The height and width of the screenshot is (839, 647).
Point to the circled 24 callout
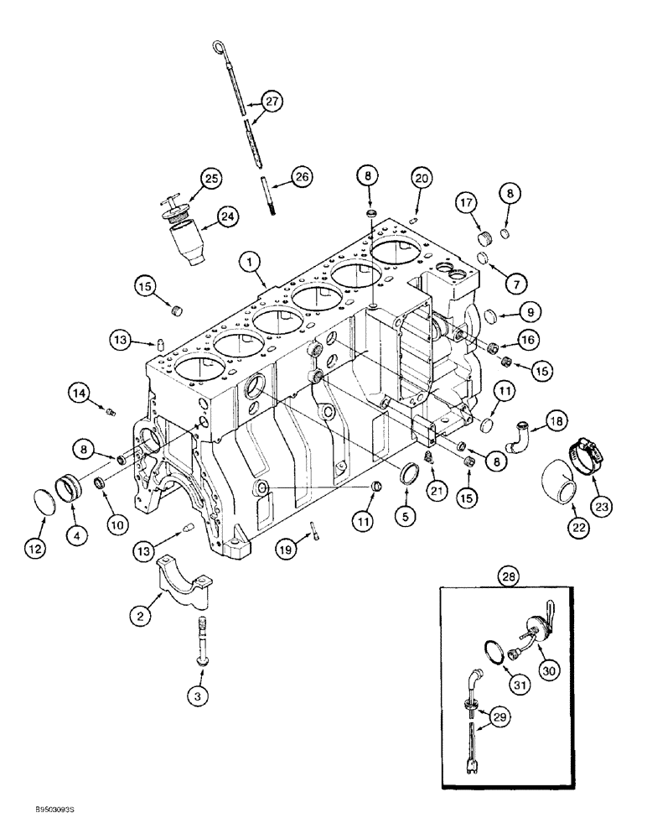pyautogui.click(x=226, y=217)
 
